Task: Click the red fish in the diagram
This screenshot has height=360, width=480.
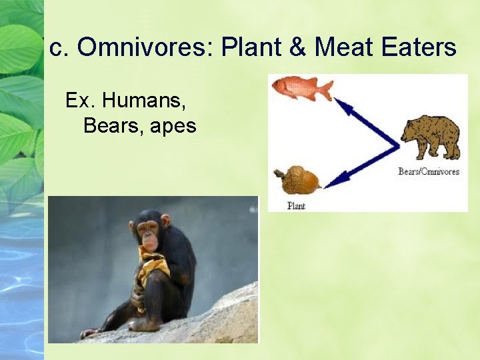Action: (301, 87)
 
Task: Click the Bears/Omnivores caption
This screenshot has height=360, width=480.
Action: (429, 171)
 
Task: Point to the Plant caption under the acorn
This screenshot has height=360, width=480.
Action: (296, 205)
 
